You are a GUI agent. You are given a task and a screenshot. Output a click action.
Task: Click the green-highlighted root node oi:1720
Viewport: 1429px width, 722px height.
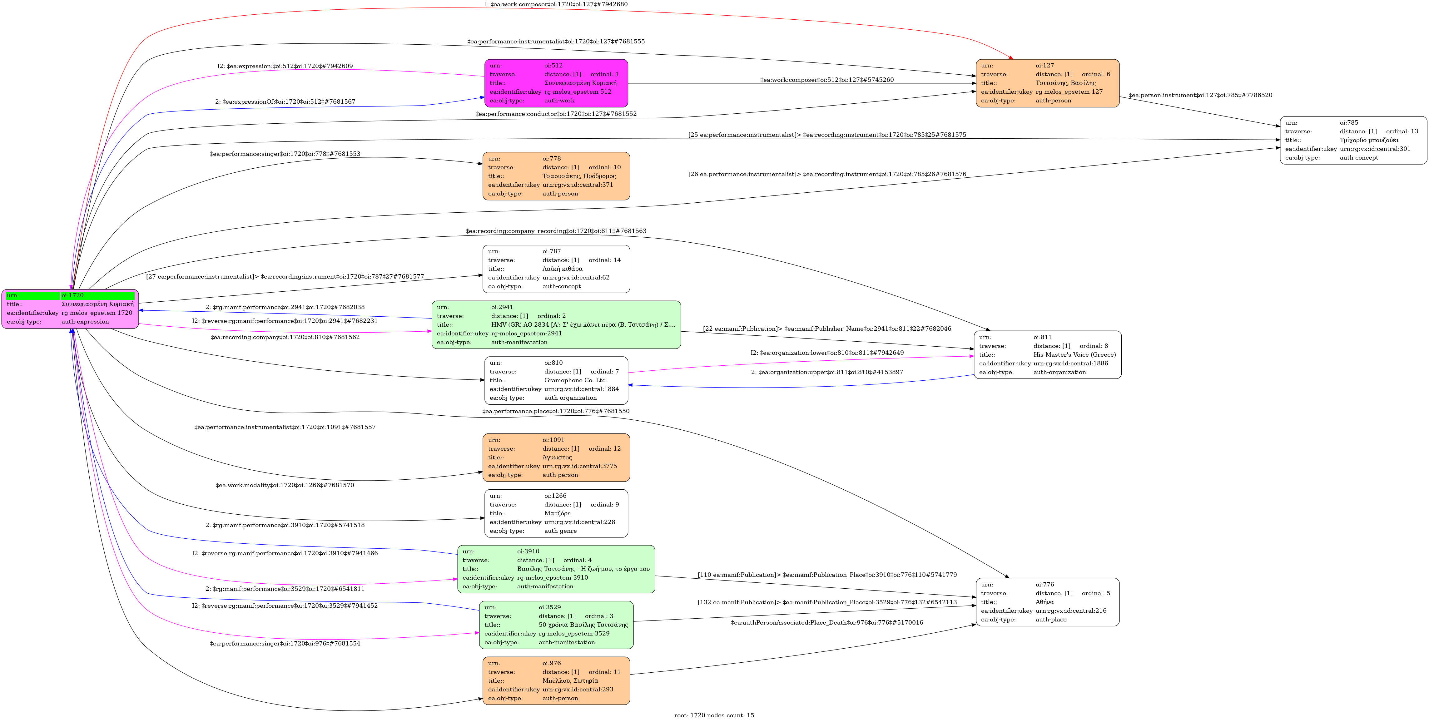71,308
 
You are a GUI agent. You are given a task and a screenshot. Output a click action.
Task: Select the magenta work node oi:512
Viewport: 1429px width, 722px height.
556,83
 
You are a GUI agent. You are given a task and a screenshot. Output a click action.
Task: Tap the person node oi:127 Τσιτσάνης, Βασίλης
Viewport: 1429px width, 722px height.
1047,83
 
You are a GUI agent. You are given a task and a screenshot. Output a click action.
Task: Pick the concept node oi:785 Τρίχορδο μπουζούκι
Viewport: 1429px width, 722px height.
1353,140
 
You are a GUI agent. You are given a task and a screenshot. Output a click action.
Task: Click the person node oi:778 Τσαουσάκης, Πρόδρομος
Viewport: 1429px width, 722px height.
556,176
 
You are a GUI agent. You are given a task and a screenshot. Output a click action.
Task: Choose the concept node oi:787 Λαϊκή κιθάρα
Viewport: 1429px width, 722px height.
556,269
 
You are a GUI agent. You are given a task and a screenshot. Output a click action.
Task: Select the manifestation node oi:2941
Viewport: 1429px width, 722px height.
556,325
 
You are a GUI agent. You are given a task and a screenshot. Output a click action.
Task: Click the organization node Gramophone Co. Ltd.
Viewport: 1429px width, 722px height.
556,380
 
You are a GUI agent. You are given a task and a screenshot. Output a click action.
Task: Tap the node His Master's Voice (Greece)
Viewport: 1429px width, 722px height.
1047,355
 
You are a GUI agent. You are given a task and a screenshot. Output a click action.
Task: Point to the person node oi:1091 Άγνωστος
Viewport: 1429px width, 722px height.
556,457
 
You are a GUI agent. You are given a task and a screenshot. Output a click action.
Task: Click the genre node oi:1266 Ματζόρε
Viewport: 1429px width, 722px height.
556,513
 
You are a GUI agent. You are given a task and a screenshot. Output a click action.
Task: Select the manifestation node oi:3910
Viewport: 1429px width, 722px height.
556,569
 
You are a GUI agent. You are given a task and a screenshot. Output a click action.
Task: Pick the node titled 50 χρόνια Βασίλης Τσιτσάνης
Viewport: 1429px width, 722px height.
556,625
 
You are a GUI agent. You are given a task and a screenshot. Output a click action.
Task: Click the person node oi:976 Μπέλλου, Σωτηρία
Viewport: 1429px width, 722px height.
556,681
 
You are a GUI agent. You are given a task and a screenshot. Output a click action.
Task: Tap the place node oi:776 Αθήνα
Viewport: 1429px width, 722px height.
1047,602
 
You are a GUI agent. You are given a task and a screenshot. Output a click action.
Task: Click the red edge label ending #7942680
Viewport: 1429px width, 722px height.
556,4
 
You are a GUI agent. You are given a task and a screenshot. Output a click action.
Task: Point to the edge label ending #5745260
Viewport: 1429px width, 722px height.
826,80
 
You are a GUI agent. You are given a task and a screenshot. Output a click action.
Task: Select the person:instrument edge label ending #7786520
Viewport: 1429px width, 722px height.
1200,95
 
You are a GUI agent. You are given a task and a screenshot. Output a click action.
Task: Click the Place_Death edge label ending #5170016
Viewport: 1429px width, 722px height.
826,623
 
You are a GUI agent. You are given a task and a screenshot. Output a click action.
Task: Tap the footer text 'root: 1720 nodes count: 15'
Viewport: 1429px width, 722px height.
714,715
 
